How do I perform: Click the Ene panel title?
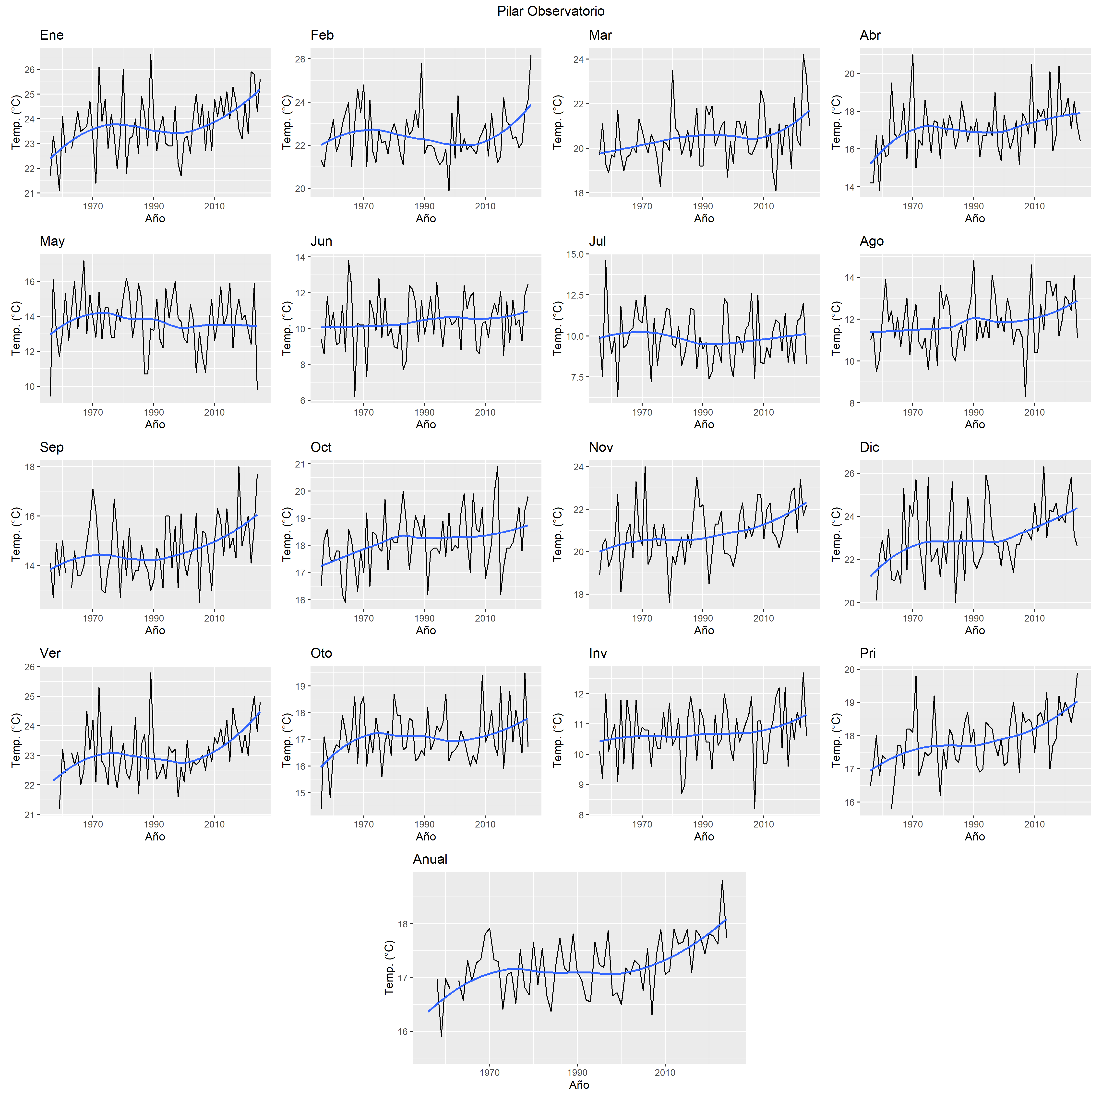tap(51, 35)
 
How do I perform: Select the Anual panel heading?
tap(430, 859)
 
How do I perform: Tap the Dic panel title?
tap(869, 447)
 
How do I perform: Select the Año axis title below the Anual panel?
tap(579, 1085)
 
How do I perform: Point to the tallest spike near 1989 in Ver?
tap(151, 673)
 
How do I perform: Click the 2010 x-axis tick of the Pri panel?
tap(1034, 824)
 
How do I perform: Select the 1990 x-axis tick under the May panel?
tap(154, 412)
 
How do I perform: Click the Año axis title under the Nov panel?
tap(704, 630)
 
